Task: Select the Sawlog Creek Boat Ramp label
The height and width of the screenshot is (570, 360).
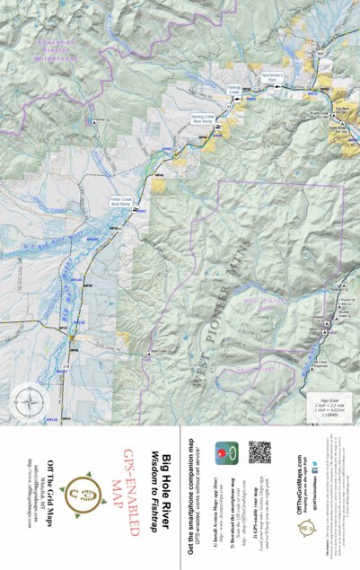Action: [x=203, y=118]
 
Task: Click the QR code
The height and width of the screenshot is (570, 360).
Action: [x=259, y=453]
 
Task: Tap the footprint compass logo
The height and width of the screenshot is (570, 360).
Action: [x=86, y=488]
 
